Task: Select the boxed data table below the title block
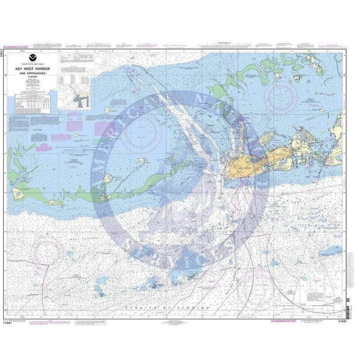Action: click(32, 104)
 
